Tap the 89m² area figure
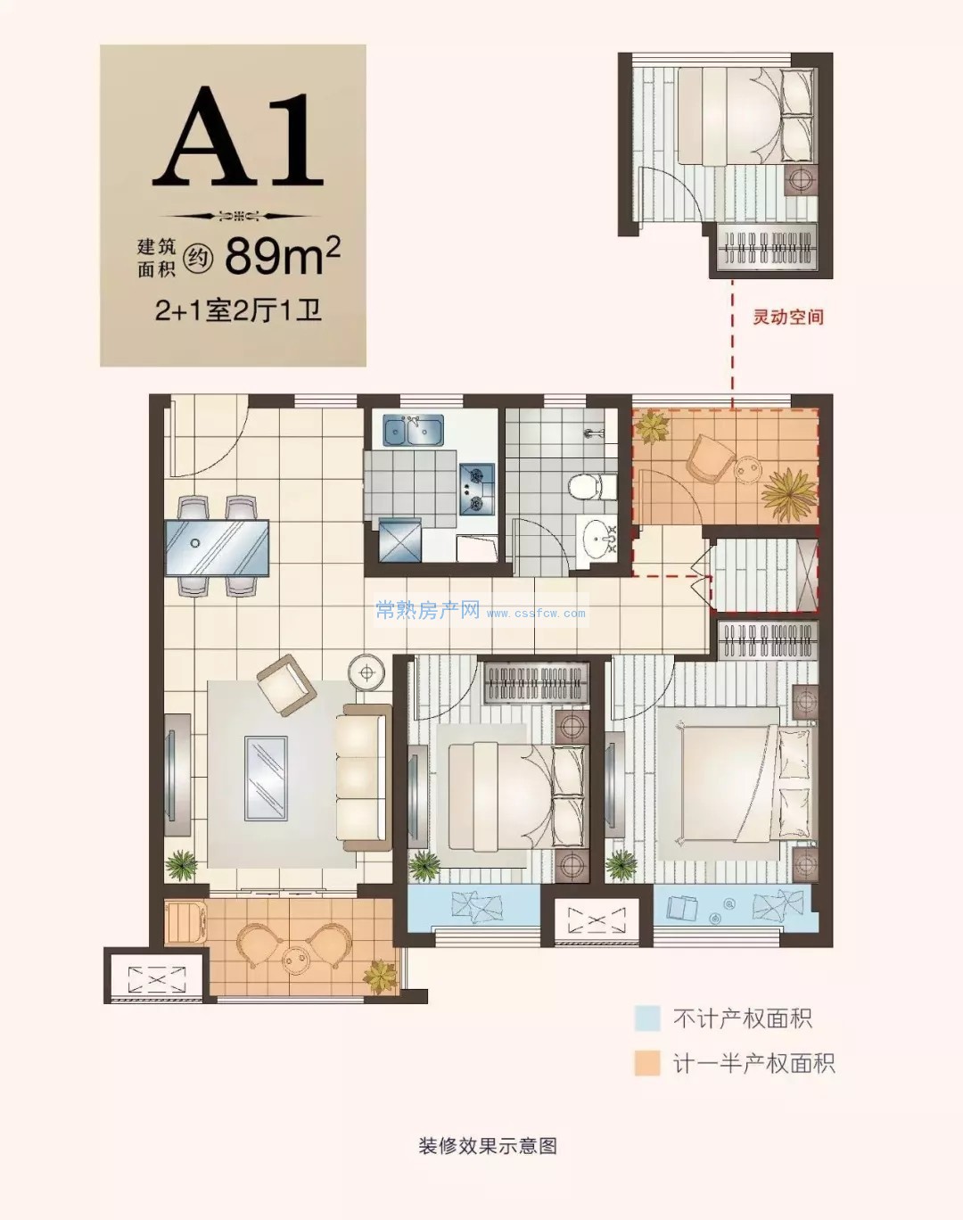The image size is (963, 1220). pyautogui.click(x=283, y=255)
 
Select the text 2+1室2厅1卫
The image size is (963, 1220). pyautogui.click(x=239, y=310)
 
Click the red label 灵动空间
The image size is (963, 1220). pyautogui.click(x=788, y=317)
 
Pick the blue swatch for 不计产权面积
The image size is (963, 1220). pyautogui.click(x=647, y=1018)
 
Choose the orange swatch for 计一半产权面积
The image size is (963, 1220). pyautogui.click(x=647, y=1063)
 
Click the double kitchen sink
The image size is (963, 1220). pyautogui.click(x=414, y=431)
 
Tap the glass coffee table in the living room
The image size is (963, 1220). pyautogui.click(x=265, y=778)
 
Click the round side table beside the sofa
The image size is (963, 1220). pyautogui.click(x=366, y=673)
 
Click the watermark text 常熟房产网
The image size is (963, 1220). pyautogui.click(x=427, y=611)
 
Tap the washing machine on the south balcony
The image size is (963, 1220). pyautogui.click(x=185, y=922)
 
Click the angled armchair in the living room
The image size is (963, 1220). pyautogui.click(x=286, y=684)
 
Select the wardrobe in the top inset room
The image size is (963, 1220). pyautogui.click(x=767, y=247)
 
